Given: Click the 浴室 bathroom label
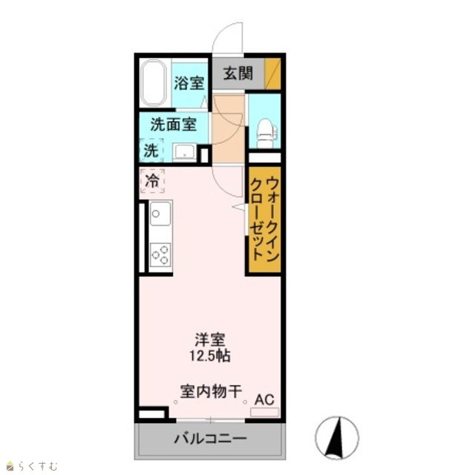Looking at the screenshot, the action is [189, 83].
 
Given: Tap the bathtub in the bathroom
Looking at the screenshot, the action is [154, 82].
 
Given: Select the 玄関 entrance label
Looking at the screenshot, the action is [238, 73].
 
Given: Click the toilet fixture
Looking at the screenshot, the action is [266, 133].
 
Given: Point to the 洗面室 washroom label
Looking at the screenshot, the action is [174, 124].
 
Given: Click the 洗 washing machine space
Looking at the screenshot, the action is [151, 150].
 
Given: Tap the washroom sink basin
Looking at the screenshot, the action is [185, 152].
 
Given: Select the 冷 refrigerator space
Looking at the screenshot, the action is [152, 181].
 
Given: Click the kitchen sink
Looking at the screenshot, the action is [160, 214].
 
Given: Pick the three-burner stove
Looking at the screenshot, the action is [160, 255].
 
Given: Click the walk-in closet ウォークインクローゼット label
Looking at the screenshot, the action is [264, 219].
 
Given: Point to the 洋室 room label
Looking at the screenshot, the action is [210, 340].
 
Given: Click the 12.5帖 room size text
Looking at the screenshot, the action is [210, 356].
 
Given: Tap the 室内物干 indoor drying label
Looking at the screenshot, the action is [211, 391].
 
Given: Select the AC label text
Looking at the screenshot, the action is [264, 399].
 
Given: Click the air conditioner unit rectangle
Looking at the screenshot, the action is [265, 412].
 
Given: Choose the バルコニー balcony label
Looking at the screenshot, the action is [210, 439].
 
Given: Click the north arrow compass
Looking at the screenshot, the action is [337, 437].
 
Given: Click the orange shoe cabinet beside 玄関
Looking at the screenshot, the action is [272, 73].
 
